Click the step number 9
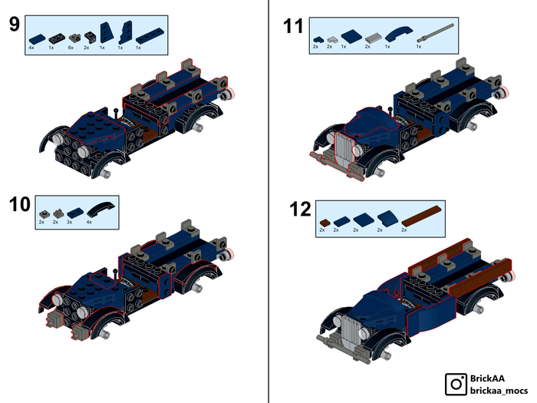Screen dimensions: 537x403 15,25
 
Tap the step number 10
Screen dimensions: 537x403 19,204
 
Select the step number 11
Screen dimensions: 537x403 293,26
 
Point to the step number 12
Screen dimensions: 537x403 300,209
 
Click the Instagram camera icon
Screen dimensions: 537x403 456,384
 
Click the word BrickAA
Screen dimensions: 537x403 487,378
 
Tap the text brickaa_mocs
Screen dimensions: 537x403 499,390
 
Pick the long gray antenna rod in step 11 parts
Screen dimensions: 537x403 435,33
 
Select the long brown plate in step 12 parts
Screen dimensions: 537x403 421,216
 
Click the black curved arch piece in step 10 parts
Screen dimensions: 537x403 100,209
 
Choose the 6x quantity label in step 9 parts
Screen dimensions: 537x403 71,48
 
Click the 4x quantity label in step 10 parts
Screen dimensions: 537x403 89,222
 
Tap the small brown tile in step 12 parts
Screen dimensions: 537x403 325,223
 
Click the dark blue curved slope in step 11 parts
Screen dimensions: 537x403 399,35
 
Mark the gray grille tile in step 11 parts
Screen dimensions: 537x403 373,38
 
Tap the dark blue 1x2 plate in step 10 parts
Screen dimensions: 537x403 75,213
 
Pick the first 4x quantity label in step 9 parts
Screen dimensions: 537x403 31,48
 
